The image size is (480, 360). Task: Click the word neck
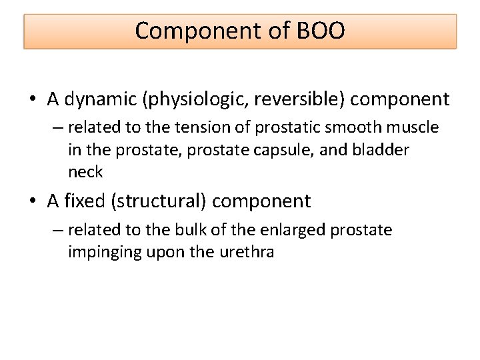click(85, 172)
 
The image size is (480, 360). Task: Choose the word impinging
click(99, 253)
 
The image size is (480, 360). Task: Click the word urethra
click(246, 253)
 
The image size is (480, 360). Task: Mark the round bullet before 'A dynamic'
click(33, 101)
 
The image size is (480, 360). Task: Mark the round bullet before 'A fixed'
click(33, 202)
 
